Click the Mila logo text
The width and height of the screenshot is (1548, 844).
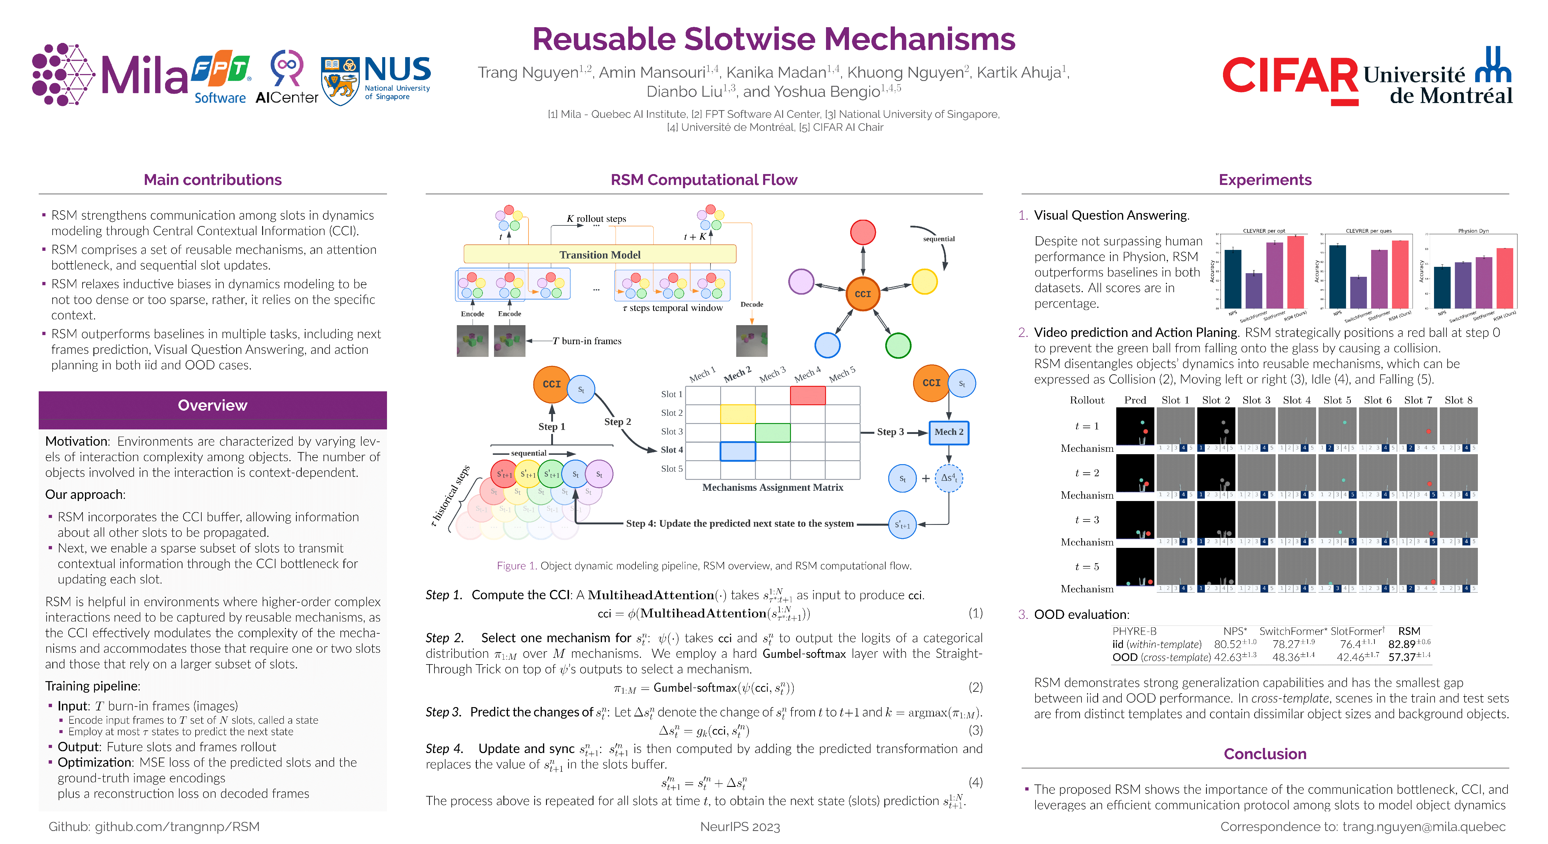click(144, 76)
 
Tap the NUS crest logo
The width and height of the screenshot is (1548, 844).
click(340, 80)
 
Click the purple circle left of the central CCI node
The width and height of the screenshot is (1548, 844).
click(801, 281)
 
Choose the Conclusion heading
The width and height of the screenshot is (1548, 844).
click(1265, 754)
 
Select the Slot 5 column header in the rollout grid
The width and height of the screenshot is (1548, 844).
click(1337, 400)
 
